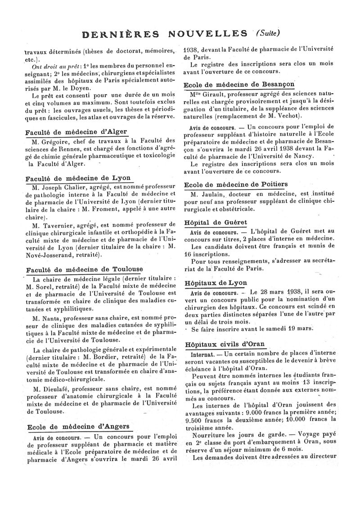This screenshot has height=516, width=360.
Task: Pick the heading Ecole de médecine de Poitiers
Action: [236, 184]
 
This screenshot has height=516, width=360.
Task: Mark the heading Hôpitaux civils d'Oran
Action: [225, 344]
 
